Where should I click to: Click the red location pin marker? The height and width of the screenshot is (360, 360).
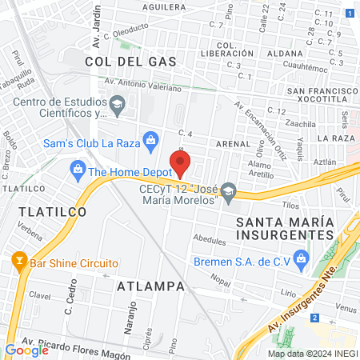pyautogui.click(x=181, y=162)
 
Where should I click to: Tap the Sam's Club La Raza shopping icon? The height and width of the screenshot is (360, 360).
pyautogui.click(x=150, y=142)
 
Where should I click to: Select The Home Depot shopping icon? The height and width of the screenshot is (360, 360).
pyautogui.click(x=78, y=170)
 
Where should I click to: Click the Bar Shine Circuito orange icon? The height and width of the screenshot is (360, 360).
pyautogui.click(x=18, y=262)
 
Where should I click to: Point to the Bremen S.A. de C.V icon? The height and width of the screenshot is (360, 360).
pyautogui.click(x=301, y=258)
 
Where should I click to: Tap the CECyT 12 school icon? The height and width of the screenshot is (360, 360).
pyautogui.click(x=229, y=190)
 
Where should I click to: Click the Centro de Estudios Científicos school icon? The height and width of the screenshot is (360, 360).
pyautogui.click(x=118, y=103)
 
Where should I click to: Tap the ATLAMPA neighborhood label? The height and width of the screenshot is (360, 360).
pyautogui.click(x=150, y=286)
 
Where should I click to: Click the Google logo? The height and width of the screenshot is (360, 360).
pyautogui.click(x=26, y=350)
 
